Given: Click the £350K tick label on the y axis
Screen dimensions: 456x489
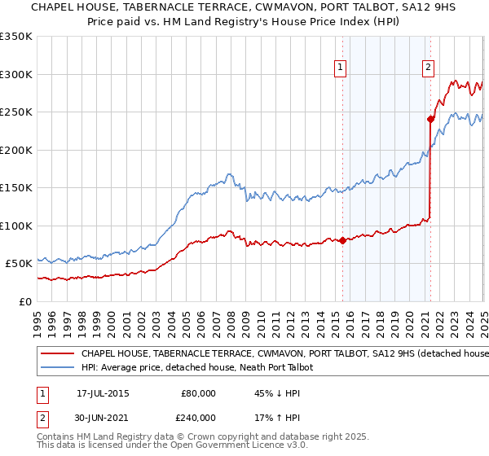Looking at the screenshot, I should coord(15,37).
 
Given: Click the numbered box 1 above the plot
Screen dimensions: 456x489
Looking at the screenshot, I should coord(340,68).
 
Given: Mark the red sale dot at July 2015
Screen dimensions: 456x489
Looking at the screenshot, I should coord(342,240).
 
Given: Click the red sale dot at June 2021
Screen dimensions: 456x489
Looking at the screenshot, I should coord(430,119).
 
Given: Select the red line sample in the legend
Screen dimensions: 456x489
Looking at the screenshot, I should coord(56,354).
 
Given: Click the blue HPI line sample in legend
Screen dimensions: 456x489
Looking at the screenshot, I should coord(56,368).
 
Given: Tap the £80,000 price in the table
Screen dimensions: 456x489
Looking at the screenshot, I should coord(199,393).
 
